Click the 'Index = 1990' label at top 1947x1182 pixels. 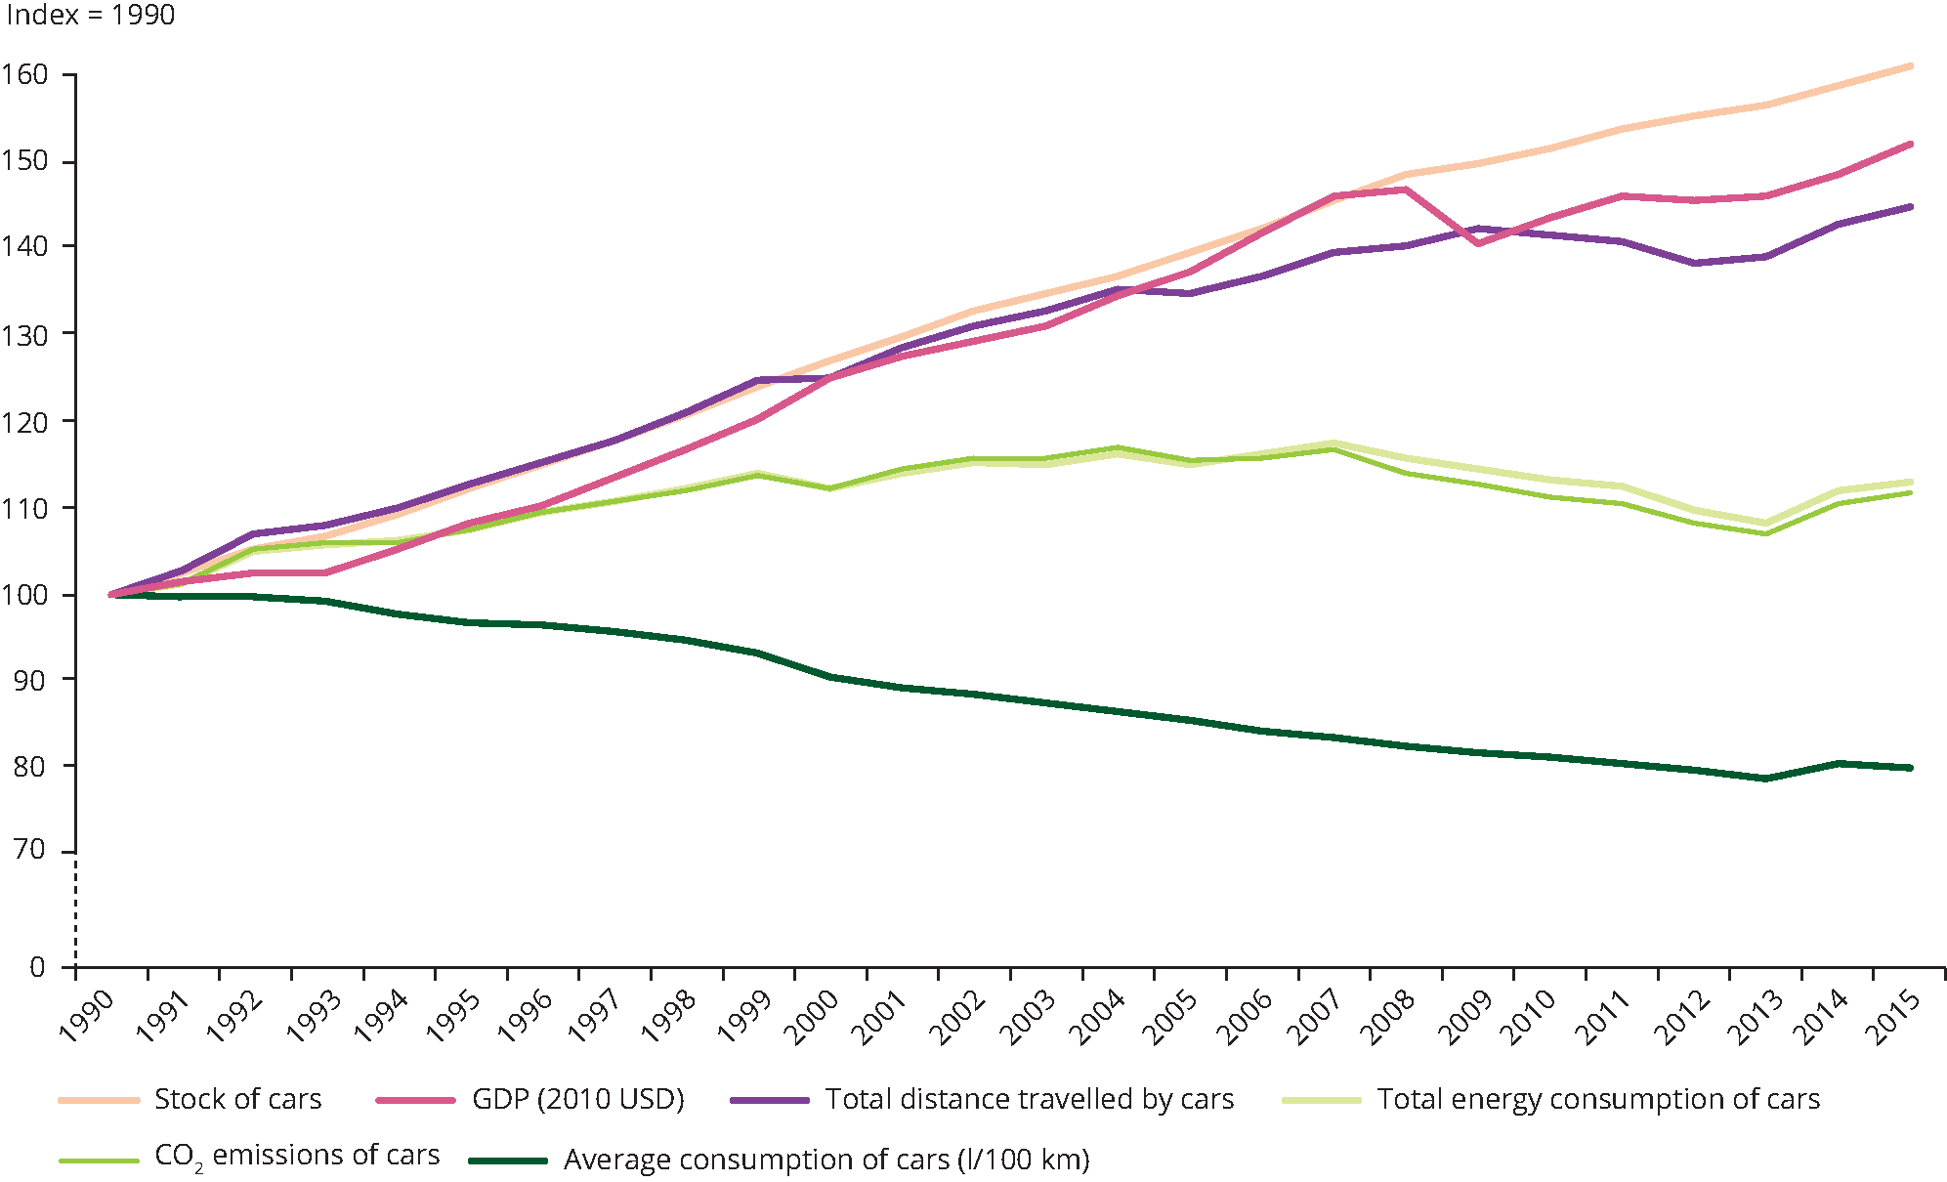point(90,16)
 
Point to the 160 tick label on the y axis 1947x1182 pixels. point(24,75)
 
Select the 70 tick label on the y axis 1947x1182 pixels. point(29,850)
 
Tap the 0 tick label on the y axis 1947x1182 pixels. point(37,967)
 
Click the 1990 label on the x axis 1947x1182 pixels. point(86,1016)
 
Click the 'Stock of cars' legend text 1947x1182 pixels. point(237,1100)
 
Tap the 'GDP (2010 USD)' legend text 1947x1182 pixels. point(577,1100)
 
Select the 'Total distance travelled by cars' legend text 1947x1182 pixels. point(1030,1100)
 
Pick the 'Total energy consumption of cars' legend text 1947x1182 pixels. point(1598,1100)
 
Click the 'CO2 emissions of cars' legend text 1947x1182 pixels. point(297,1157)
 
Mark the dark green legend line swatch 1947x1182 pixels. point(507,1161)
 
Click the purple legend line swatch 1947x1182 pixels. point(769,1101)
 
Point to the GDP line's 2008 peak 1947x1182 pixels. point(1406,190)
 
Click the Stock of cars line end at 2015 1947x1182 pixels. point(1910,66)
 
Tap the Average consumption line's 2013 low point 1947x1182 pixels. point(1765,779)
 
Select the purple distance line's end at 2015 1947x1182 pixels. point(1910,207)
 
